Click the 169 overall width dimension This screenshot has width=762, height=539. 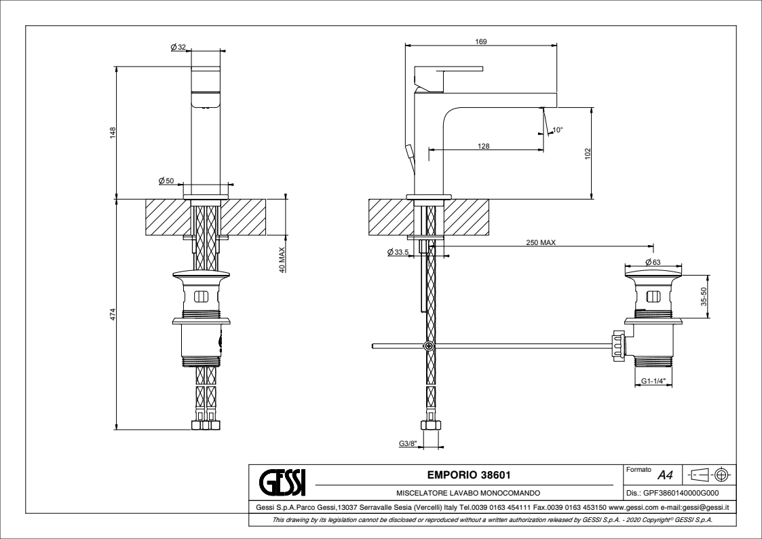click(481, 41)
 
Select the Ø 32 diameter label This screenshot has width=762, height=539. click(178, 47)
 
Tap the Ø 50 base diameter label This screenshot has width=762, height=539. click(166, 180)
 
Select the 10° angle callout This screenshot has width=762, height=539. click(558, 130)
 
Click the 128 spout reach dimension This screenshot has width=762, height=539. click(484, 146)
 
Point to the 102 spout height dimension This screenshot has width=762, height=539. click(588, 153)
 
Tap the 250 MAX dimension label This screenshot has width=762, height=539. click(541, 242)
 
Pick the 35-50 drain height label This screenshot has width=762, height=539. click(704, 297)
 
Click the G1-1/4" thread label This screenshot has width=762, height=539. click(653, 382)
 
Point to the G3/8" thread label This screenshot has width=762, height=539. click(408, 445)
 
